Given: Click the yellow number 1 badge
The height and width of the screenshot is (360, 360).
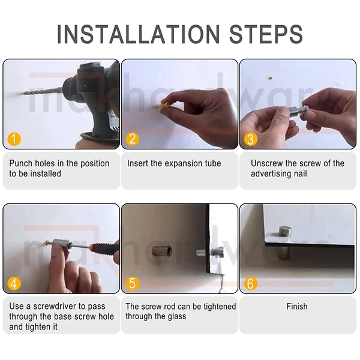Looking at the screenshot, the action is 14,139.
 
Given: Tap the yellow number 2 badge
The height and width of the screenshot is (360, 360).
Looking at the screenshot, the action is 133,139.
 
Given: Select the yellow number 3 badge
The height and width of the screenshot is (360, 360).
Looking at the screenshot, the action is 250,139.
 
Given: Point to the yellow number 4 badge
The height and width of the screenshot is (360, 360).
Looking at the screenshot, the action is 14,283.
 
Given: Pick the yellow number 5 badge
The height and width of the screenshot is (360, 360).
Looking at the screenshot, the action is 133,283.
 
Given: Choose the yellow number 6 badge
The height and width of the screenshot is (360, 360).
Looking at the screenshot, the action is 250,283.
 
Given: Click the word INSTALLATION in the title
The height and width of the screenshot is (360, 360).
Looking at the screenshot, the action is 138,34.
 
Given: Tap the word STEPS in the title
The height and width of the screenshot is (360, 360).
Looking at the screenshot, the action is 266,34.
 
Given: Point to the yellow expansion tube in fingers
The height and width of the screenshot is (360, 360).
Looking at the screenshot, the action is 163,106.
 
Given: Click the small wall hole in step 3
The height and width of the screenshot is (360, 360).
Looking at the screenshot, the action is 271,78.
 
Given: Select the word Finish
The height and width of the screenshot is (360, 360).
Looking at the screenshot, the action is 297,306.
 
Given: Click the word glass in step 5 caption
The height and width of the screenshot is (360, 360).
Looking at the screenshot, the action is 177,317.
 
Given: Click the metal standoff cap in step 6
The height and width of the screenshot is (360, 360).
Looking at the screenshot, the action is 285,232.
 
